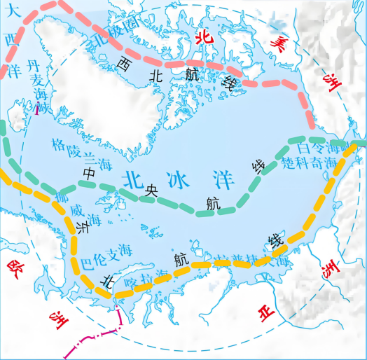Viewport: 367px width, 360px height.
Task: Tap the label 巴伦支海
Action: (x=106, y=251)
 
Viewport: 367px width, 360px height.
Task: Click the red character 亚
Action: (x=265, y=313)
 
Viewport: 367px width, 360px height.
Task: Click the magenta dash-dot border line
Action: (x=98, y=335)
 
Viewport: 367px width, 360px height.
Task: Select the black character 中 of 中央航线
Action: (x=89, y=172)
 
